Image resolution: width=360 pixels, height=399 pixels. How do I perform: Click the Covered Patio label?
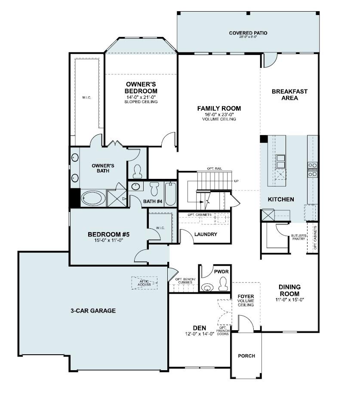[x=248, y=33]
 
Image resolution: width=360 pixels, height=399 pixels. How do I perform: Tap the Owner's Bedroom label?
[x=141, y=88]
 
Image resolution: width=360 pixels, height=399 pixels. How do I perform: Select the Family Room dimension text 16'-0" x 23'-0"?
[x=219, y=114]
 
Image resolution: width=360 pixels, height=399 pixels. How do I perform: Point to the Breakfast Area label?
[x=289, y=95]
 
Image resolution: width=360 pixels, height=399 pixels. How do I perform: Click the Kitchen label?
[x=281, y=199]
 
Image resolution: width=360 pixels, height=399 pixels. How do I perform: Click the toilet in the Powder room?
[x=223, y=283]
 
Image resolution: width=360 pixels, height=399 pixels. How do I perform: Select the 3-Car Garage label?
[x=93, y=310]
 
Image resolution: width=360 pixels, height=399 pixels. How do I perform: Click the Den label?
[x=200, y=328]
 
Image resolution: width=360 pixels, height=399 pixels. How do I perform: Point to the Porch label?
[x=246, y=356]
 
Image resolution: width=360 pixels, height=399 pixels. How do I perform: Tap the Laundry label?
[x=206, y=234]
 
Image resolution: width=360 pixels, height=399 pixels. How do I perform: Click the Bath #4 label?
[x=153, y=201]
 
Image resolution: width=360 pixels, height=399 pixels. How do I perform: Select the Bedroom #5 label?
[x=108, y=234]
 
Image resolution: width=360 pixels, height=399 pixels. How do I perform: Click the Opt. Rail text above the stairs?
[x=214, y=168]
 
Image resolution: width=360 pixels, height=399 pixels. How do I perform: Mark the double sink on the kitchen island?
[x=281, y=161]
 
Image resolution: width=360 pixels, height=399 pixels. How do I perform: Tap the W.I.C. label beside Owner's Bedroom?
[x=86, y=97]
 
